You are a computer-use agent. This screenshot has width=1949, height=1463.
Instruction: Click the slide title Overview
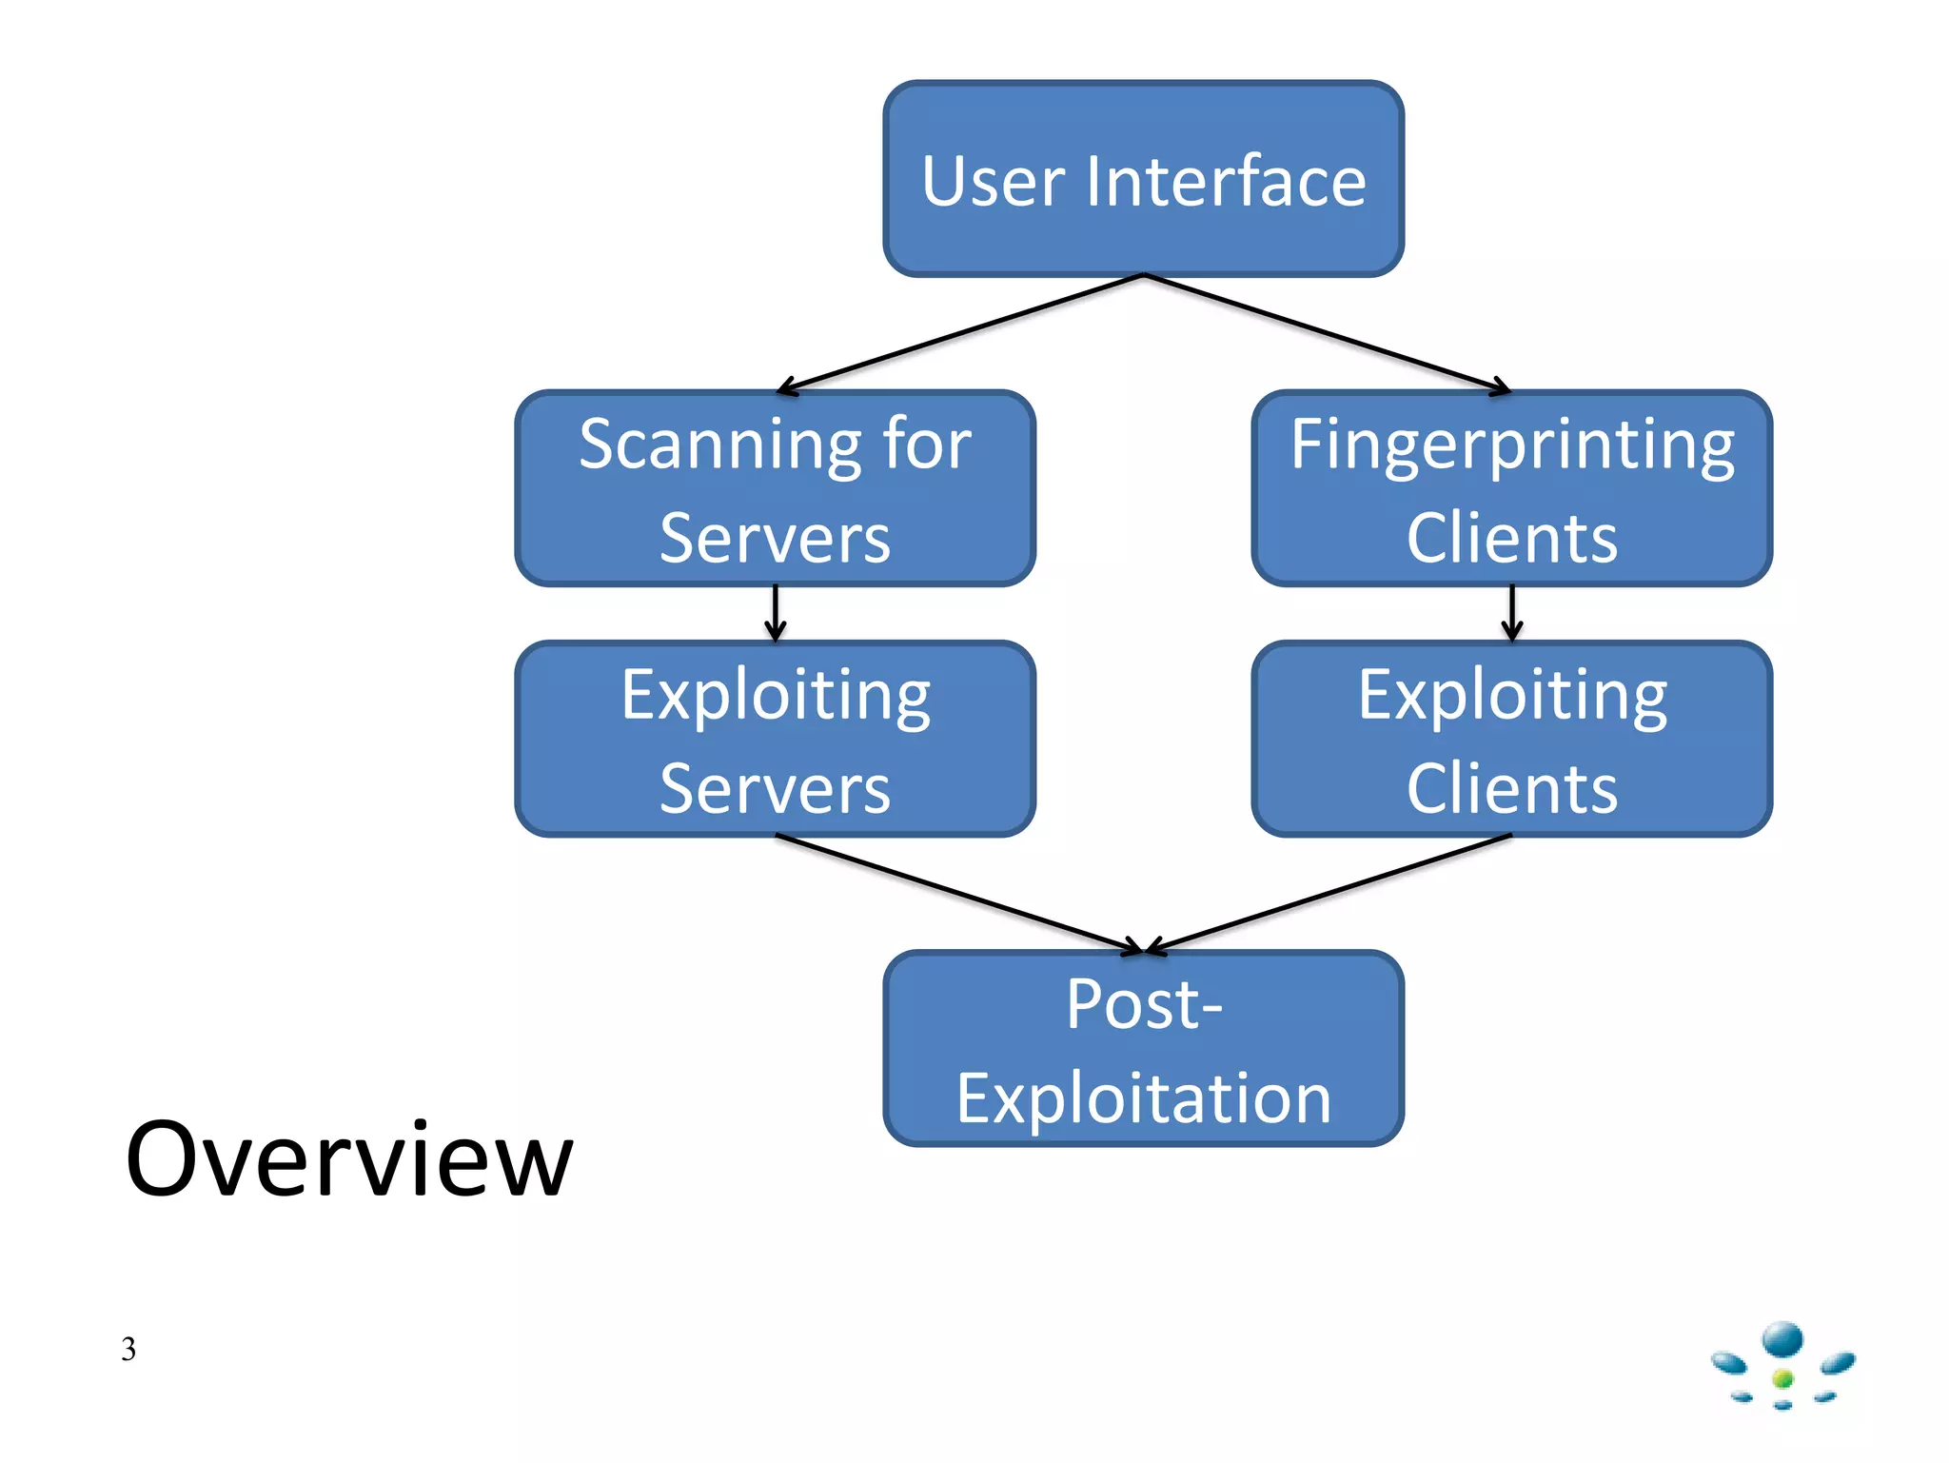pos(349,1159)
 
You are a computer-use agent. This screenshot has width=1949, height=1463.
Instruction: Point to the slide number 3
pos(128,1349)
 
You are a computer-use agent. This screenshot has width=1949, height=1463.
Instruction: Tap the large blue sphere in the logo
pos(1782,1339)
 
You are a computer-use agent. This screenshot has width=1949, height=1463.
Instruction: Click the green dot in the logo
pos(1783,1378)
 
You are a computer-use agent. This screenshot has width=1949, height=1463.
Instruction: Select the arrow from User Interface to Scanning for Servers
pos(961,332)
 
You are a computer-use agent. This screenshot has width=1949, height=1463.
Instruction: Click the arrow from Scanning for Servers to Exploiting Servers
pos(776,612)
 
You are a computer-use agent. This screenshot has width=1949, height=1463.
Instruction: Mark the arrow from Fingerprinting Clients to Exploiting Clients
pos(1512,612)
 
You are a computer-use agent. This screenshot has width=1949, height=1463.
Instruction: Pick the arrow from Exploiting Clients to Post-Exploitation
pos(1328,893)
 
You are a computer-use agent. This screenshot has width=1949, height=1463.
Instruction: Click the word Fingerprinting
pos(1512,445)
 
